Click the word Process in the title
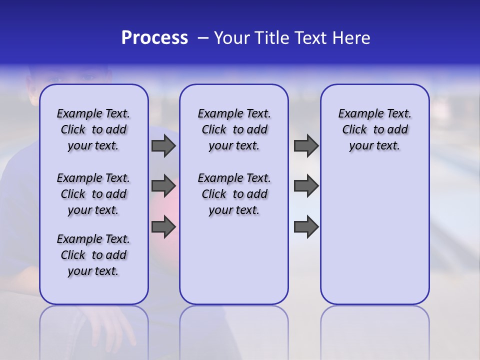(154, 38)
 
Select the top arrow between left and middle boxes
(163, 146)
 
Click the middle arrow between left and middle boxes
(163, 186)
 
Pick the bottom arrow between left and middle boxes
(163, 227)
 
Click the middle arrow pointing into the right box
(306, 186)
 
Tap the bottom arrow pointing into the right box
(306, 227)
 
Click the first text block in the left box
(93, 129)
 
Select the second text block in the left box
(93, 194)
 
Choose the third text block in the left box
(93, 255)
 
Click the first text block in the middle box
(234, 129)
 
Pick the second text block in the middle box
(234, 194)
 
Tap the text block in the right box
(374, 129)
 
